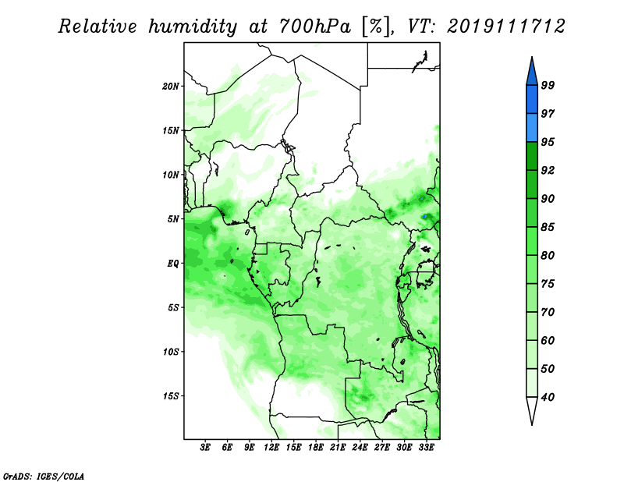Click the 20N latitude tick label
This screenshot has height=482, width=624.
[x=171, y=87]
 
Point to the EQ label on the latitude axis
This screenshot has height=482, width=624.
[x=173, y=264]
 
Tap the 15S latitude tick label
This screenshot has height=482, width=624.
[x=171, y=396]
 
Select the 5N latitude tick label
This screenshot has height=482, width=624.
[x=173, y=219]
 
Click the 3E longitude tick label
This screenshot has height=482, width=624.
[x=205, y=448]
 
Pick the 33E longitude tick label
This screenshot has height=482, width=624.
[x=426, y=448]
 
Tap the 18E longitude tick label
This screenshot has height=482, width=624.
[x=316, y=448]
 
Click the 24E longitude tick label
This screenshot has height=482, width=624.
[x=360, y=448]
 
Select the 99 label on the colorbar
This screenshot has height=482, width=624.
[x=548, y=85]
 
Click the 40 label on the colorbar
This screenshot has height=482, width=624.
[x=548, y=397]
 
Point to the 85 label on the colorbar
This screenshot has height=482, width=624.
[x=548, y=227]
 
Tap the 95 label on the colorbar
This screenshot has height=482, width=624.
[x=548, y=142]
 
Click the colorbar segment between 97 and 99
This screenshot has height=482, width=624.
[x=532, y=100]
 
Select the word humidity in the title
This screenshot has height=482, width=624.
[x=193, y=27]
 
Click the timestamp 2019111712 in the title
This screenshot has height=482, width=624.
[x=505, y=27]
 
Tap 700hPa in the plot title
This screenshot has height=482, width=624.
[x=315, y=27]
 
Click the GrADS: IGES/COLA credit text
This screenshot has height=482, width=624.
[x=44, y=476]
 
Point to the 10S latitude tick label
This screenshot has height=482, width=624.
[x=171, y=352]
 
